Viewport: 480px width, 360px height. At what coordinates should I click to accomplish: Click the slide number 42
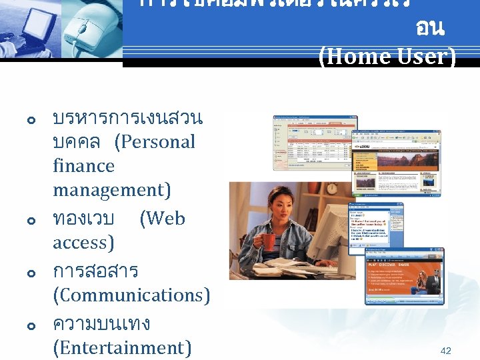coord(445,351)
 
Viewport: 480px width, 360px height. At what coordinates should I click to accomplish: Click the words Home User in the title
coord(388,55)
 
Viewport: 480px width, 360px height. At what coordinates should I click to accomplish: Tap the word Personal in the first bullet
coord(155,142)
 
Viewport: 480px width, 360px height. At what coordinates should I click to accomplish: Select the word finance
coord(83,166)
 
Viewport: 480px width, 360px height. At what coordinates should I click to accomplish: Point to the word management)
coord(111,190)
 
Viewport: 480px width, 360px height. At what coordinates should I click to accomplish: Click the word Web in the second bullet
coord(162,219)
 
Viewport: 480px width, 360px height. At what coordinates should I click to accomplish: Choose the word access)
coord(83,243)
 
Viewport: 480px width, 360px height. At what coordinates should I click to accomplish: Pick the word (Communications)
coord(131,295)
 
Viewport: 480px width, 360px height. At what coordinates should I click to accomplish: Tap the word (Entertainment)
coord(122,347)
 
